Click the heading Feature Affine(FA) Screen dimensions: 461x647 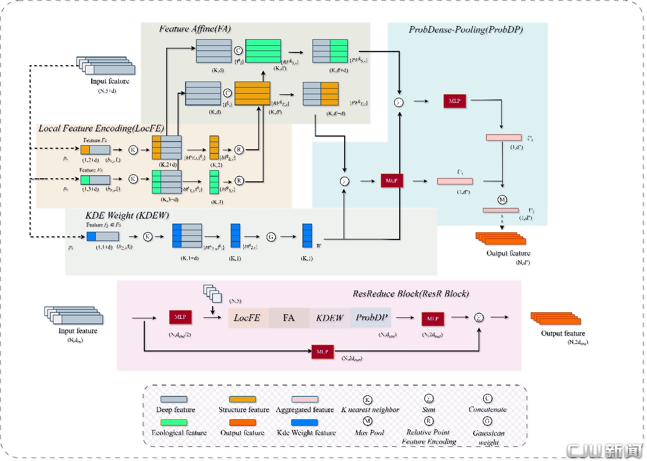[x=195, y=29]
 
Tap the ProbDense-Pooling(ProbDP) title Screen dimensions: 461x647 [x=465, y=30]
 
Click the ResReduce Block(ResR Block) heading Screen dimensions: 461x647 [x=410, y=293]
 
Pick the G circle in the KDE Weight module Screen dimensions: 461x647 [x=271, y=237]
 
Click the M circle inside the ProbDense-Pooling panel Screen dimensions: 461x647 [x=502, y=199]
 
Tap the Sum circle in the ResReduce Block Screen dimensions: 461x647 [x=479, y=317]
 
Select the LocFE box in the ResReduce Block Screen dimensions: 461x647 [x=247, y=318]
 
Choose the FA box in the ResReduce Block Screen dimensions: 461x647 [x=289, y=318]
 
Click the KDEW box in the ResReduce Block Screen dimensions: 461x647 [x=329, y=318]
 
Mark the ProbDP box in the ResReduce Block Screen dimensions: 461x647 [x=371, y=318]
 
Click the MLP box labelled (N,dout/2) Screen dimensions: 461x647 [x=180, y=317]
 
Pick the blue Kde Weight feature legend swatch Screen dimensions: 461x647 [x=304, y=422]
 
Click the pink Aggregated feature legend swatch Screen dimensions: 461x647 [x=304, y=399]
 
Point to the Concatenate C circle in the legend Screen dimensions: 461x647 [x=487, y=399]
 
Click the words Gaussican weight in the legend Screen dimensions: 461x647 [x=488, y=438]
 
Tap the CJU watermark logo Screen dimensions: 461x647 [x=604, y=451]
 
